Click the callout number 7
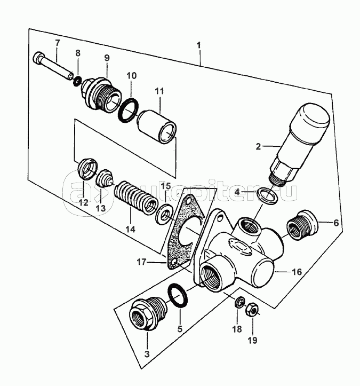pyautogui.click(x=57, y=43)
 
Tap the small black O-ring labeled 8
pyautogui.click(x=78, y=81)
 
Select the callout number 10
pyautogui.click(x=132, y=76)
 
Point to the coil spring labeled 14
pyautogui.click(x=136, y=200)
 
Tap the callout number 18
pyautogui.click(x=237, y=329)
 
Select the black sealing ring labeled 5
pyautogui.click(x=178, y=296)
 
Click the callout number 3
pyautogui.click(x=147, y=355)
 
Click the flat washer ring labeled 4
pyautogui.click(x=267, y=196)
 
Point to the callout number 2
pyautogui.click(x=258, y=146)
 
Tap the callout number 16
pyautogui.click(x=297, y=272)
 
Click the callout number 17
pyautogui.click(x=141, y=262)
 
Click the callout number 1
pyautogui.click(x=199, y=45)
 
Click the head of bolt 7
pyautogui.click(x=38, y=58)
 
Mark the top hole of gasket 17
pyautogui.click(x=189, y=201)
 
